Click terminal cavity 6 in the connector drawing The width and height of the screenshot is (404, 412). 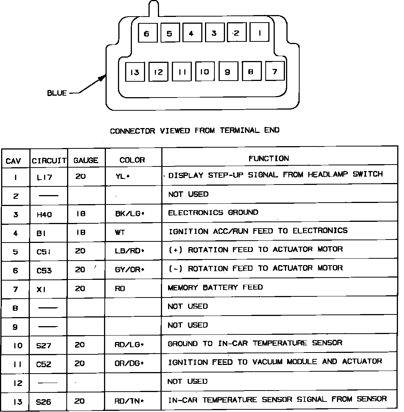(147, 34)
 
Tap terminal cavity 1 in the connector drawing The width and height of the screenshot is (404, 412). (260, 33)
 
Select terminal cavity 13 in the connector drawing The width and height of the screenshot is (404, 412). (135, 72)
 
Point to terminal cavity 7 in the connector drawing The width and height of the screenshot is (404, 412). (275, 71)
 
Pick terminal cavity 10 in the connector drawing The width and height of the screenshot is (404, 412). (205, 72)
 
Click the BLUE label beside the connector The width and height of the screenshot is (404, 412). (57, 93)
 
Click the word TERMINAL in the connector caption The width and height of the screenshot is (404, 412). (239, 130)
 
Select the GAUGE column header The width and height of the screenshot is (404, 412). (86, 160)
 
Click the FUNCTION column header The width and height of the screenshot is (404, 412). (269, 159)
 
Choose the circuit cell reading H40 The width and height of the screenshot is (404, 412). (44, 215)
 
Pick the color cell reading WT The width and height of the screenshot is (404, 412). (120, 233)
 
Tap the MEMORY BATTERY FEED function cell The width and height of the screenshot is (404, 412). (215, 287)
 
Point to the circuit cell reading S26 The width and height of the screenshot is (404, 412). (44, 402)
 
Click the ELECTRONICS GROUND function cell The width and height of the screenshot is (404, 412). (213, 212)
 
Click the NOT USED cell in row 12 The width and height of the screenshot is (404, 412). (187, 381)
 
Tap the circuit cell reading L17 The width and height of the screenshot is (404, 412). (44, 177)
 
